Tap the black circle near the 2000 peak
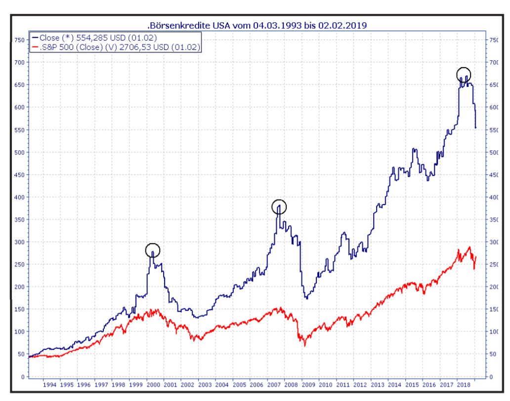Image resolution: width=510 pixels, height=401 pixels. tap(153, 250)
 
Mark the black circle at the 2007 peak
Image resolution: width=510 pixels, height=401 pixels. tap(279, 207)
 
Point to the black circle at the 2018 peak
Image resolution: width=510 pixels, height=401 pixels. tap(464, 75)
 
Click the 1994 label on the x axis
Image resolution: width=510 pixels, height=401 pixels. tap(49, 384)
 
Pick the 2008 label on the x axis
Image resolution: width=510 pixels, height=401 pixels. tap(291, 384)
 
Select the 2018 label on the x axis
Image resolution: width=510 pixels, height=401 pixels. tap(464, 384)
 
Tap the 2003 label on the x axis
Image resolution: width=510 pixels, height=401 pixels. tap(205, 384)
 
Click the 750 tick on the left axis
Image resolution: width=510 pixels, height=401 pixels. tap(19, 40)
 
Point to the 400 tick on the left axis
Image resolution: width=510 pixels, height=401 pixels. tap(19, 197)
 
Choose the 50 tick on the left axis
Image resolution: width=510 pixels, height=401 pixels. tap(21, 354)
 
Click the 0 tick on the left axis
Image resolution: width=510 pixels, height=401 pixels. tap(23, 377)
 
